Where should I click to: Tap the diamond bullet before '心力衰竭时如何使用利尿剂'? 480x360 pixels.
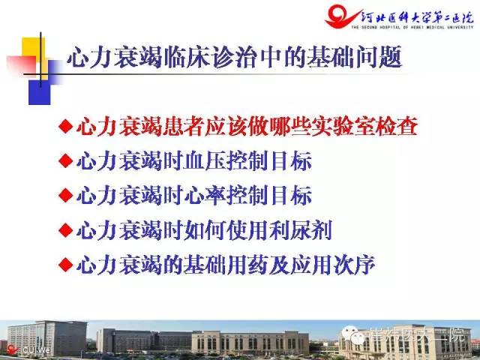65,229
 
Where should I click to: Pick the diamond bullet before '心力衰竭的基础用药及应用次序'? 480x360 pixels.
65,264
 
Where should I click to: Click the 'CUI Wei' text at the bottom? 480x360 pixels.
35,349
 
